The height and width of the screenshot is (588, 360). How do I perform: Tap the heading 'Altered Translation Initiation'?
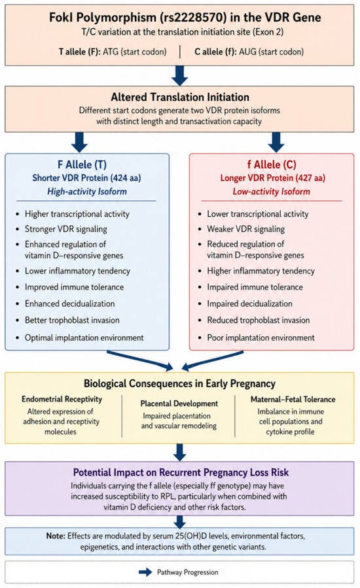(180, 97)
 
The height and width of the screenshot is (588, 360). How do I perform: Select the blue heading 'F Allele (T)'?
(82, 165)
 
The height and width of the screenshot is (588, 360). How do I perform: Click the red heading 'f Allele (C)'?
(272, 165)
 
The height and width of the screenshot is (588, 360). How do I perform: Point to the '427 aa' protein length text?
(310, 178)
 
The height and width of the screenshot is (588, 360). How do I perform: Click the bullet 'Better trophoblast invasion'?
(72, 320)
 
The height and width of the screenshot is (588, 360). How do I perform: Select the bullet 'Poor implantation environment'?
(261, 337)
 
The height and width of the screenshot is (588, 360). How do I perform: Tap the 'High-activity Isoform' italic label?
(86, 192)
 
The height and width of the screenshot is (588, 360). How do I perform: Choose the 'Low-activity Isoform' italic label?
(272, 192)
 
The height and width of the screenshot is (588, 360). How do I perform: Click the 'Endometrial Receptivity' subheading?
(62, 399)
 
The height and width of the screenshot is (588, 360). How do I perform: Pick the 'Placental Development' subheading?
(179, 404)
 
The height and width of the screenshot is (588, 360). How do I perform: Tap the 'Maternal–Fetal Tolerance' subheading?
(293, 400)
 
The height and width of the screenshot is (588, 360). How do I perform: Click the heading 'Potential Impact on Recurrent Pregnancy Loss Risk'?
(181, 472)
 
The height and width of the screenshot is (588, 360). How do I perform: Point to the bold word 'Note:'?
(56, 536)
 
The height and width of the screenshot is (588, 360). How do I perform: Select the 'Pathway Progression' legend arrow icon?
(145, 572)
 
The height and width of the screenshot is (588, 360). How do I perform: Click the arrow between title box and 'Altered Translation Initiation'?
(179, 75)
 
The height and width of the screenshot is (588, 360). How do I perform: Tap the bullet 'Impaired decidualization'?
(249, 303)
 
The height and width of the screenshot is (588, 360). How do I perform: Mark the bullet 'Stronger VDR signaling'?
(66, 229)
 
